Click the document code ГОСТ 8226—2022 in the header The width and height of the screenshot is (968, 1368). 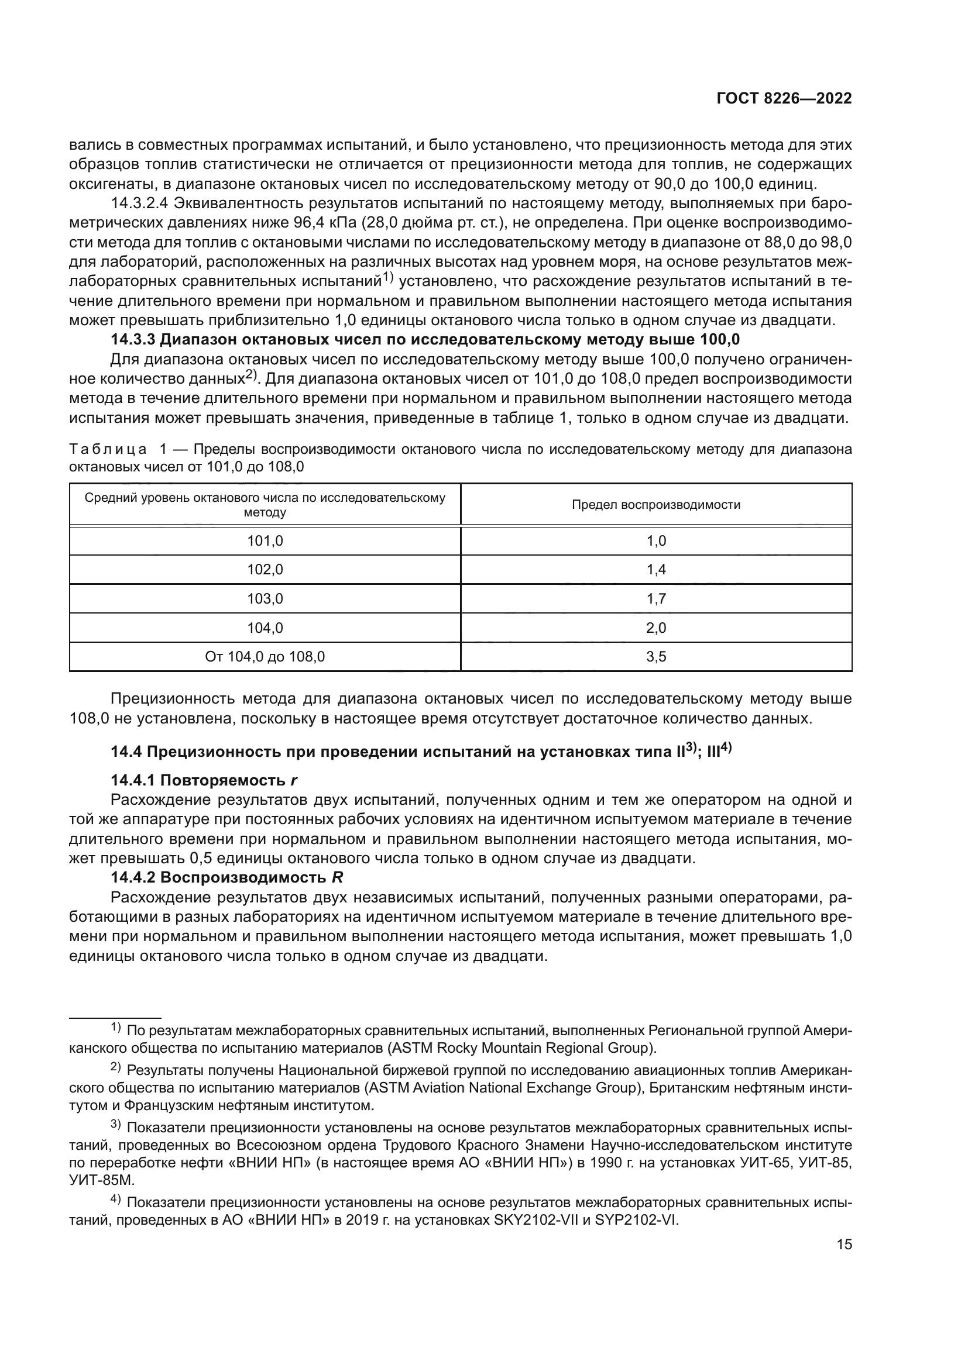tap(783, 99)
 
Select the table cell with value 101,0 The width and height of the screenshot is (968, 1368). tap(265, 541)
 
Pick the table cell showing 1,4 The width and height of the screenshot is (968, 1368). tap(656, 570)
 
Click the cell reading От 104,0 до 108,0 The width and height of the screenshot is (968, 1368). tap(265, 657)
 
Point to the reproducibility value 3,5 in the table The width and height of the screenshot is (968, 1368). tap(656, 657)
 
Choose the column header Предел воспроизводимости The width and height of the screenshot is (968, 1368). tap(656, 505)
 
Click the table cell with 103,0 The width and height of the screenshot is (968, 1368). tap(265, 599)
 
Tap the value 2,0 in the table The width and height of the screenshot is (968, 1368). tap(656, 628)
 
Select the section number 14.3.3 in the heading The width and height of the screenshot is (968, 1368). tap(133, 340)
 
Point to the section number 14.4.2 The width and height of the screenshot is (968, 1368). tap(133, 878)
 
